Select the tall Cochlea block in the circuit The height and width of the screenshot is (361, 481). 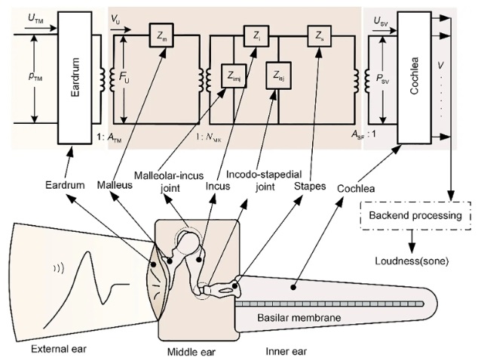(414, 74)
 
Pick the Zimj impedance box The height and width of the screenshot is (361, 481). (234, 76)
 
